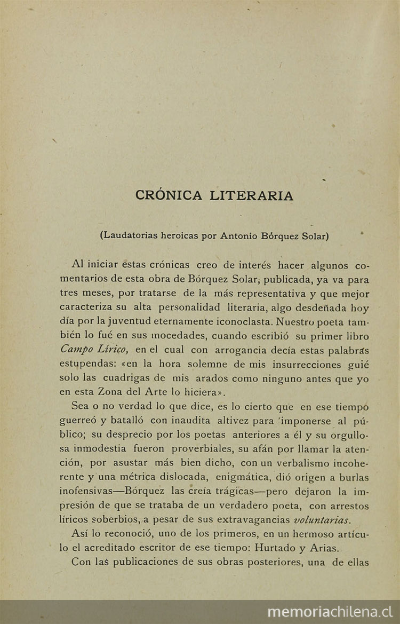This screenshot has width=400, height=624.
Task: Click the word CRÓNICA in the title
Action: pos(169,195)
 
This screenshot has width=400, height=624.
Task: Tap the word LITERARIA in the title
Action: pos(252,195)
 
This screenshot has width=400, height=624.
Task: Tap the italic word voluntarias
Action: pos(323,519)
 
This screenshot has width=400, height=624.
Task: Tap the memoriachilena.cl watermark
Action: pos(330,612)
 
